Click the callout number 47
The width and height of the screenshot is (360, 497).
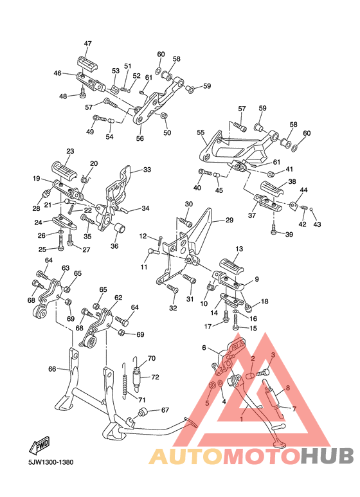(x=87, y=44)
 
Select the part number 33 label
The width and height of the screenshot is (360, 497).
(x=147, y=170)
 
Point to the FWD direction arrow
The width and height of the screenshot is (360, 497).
(x=40, y=446)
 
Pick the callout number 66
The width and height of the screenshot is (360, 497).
(x=52, y=369)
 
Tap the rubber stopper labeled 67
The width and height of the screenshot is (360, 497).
(x=145, y=411)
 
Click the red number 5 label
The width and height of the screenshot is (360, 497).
(x=207, y=403)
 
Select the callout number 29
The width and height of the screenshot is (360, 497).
(x=229, y=221)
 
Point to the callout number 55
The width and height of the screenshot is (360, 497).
(x=201, y=133)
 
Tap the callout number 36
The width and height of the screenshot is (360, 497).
(x=114, y=245)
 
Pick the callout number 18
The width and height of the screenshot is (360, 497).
(x=264, y=302)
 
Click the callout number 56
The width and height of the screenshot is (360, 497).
(x=139, y=138)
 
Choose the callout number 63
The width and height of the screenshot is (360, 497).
(x=65, y=268)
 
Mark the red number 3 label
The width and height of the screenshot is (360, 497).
(x=273, y=355)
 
